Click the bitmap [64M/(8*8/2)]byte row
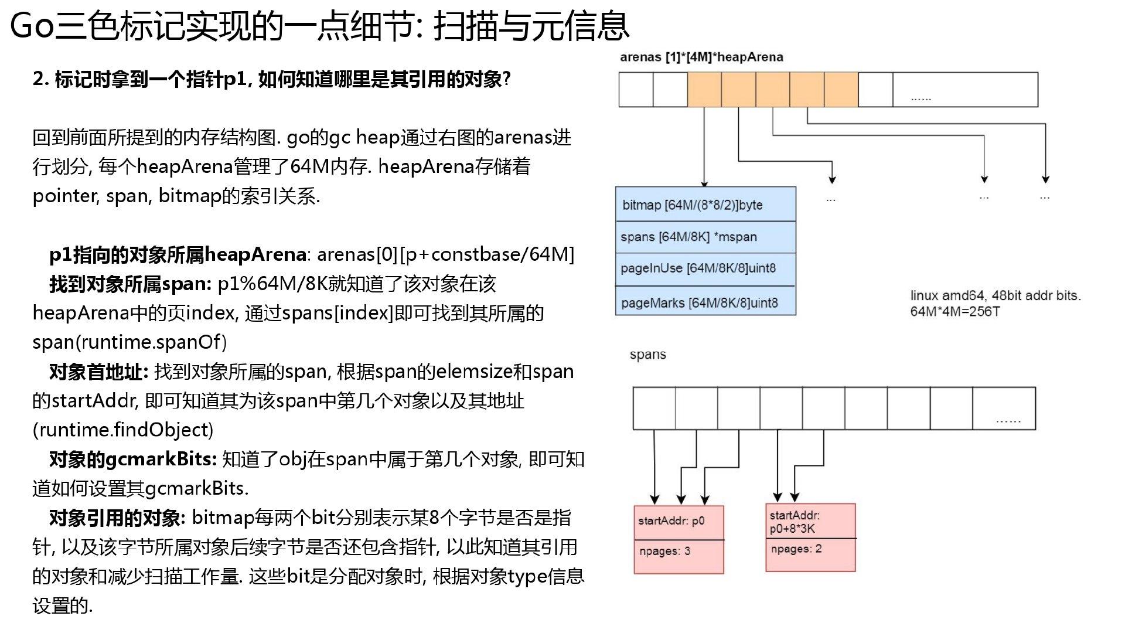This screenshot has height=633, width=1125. pyautogui.click(x=705, y=205)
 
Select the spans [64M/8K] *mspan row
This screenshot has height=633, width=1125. pyautogui.click(x=705, y=237)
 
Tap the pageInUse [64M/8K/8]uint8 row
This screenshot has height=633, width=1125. pyautogui.click(x=705, y=268)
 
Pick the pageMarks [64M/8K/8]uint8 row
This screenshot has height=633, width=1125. pyautogui.click(x=705, y=302)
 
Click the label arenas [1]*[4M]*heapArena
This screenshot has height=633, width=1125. pyautogui.click(x=701, y=57)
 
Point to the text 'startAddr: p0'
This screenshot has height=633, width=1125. pyautogui.click(x=671, y=520)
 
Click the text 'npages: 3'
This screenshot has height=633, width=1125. pyautogui.click(x=664, y=551)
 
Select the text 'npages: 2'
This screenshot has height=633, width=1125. pyautogui.click(x=796, y=549)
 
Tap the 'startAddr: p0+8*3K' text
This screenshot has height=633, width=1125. pyautogui.click(x=794, y=522)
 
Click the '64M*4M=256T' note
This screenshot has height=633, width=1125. pyautogui.click(x=954, y=311)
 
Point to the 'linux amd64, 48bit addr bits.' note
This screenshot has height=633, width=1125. pyautogui.click(x=995, y=295)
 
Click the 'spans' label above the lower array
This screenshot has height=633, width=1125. pyautogui.click(x=647, y=355)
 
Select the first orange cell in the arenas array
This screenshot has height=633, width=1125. pyautogui.click(x=704, y=89)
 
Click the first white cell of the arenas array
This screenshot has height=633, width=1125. pyautogui.click(x=636, y=89)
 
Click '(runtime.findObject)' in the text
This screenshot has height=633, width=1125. pyautogui.click(x=123, y=430)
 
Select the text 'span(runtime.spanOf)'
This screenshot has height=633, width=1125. pyautogui.click(x=129, y=342)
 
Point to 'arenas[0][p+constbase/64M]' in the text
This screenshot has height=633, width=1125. pyautogui.click(x=445, y=254)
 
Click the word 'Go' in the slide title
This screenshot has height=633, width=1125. pyautogui.click(x=33, y=26)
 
